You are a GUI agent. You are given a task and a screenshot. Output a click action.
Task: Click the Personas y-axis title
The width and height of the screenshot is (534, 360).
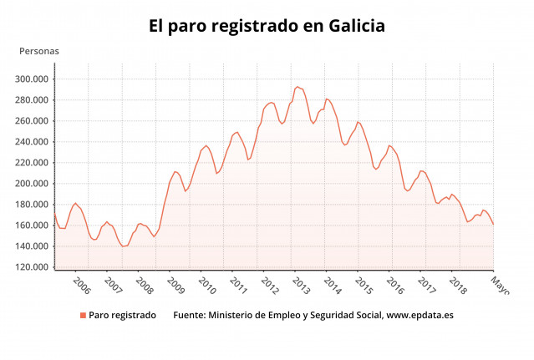click(x=39, y=51)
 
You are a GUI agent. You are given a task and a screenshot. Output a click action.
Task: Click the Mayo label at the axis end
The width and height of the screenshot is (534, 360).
click(x=498, y=285)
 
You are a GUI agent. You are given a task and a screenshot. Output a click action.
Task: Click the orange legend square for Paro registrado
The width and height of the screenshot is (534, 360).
click(x=83, y=316)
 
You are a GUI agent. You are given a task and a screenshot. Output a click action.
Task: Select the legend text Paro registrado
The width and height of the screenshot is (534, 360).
click(x=122, y=316)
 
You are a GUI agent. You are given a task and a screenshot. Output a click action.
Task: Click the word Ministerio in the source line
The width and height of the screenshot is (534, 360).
click(x=234, y=316)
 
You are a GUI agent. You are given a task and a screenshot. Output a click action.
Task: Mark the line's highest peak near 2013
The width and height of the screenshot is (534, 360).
click(x=297, y=86)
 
